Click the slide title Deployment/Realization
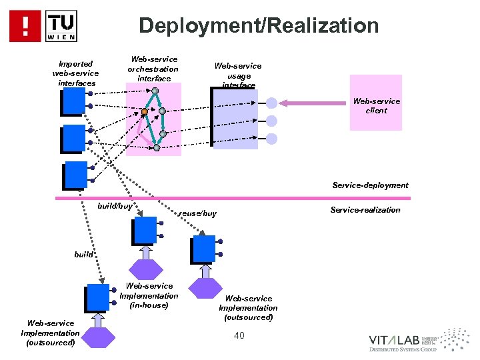pos(259,26)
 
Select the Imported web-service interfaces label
pos(75,73)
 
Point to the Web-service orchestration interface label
pos(153,69)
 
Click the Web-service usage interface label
pos(237,75)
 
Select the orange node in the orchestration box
pos(144,112)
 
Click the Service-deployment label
pos(370,185)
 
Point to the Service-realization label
pos(365,210)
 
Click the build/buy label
pos(115,207)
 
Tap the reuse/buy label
pos(198,214)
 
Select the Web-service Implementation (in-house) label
pos(149,295)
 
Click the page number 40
pos(239,335)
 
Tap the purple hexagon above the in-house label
pos(145,268)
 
